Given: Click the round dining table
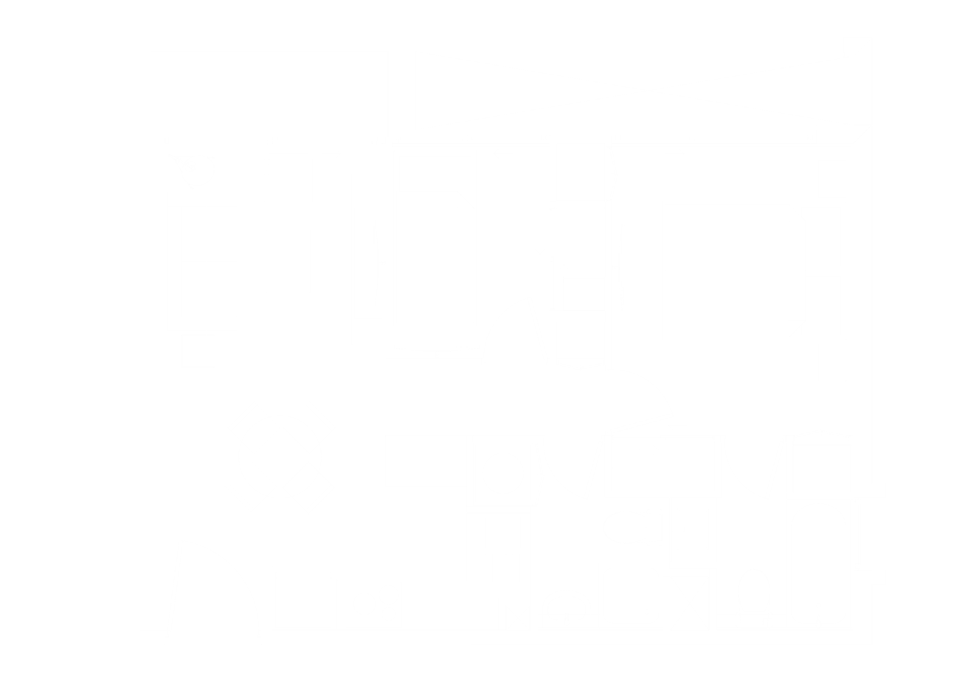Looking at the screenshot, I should [280, 457].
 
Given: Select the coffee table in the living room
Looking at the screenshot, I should [288, 261].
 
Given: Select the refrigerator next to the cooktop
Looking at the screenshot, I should [303, 601].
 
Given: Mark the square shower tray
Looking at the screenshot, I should [631, 595].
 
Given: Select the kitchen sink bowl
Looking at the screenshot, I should [503, 532].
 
